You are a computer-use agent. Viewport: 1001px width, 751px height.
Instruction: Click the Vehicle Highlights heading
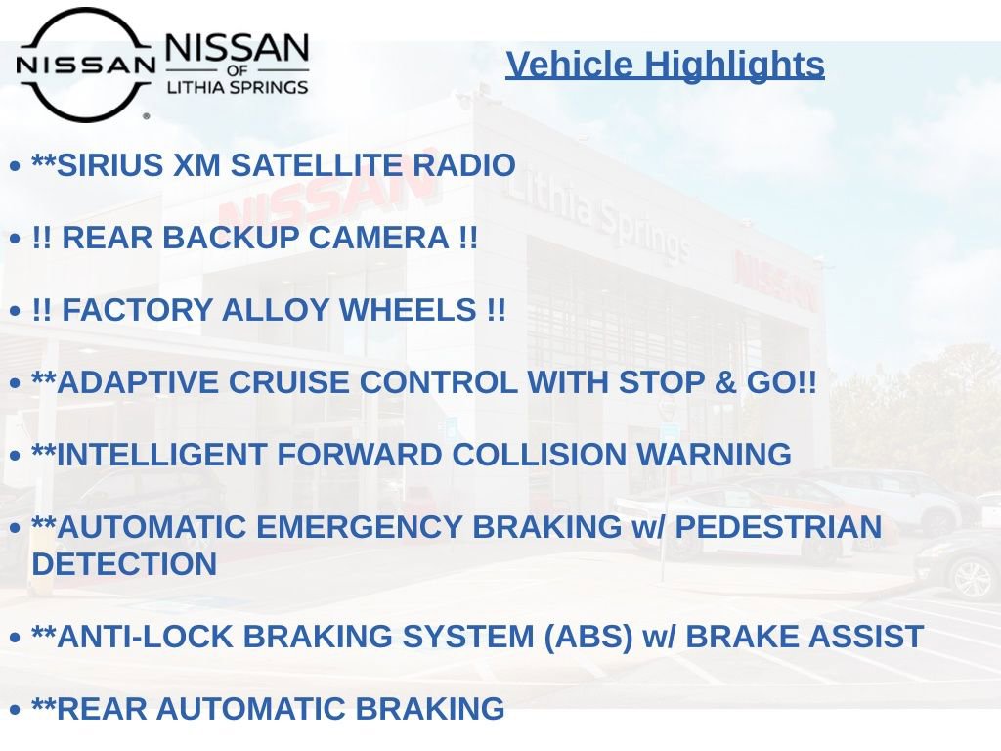coord(665,65)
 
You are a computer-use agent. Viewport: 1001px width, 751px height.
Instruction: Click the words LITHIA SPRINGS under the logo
coord(238,87)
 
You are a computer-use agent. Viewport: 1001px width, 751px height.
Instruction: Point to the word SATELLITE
coord(317,164)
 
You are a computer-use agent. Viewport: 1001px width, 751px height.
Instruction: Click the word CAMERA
coord(379,238)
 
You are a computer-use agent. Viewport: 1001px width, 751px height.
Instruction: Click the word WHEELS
coord(408,310)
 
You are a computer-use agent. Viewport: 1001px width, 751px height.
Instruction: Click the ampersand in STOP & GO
coord(725,382)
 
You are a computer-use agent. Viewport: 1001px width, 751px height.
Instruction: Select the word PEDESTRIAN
coord(778,527)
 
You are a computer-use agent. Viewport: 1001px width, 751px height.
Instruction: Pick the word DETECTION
coord(124,564)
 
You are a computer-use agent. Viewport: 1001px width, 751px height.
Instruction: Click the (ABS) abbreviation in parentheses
coord(588,637)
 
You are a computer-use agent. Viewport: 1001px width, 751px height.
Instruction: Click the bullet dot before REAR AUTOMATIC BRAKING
coord(16,710)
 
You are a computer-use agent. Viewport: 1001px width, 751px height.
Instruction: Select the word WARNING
coord(715,455)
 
